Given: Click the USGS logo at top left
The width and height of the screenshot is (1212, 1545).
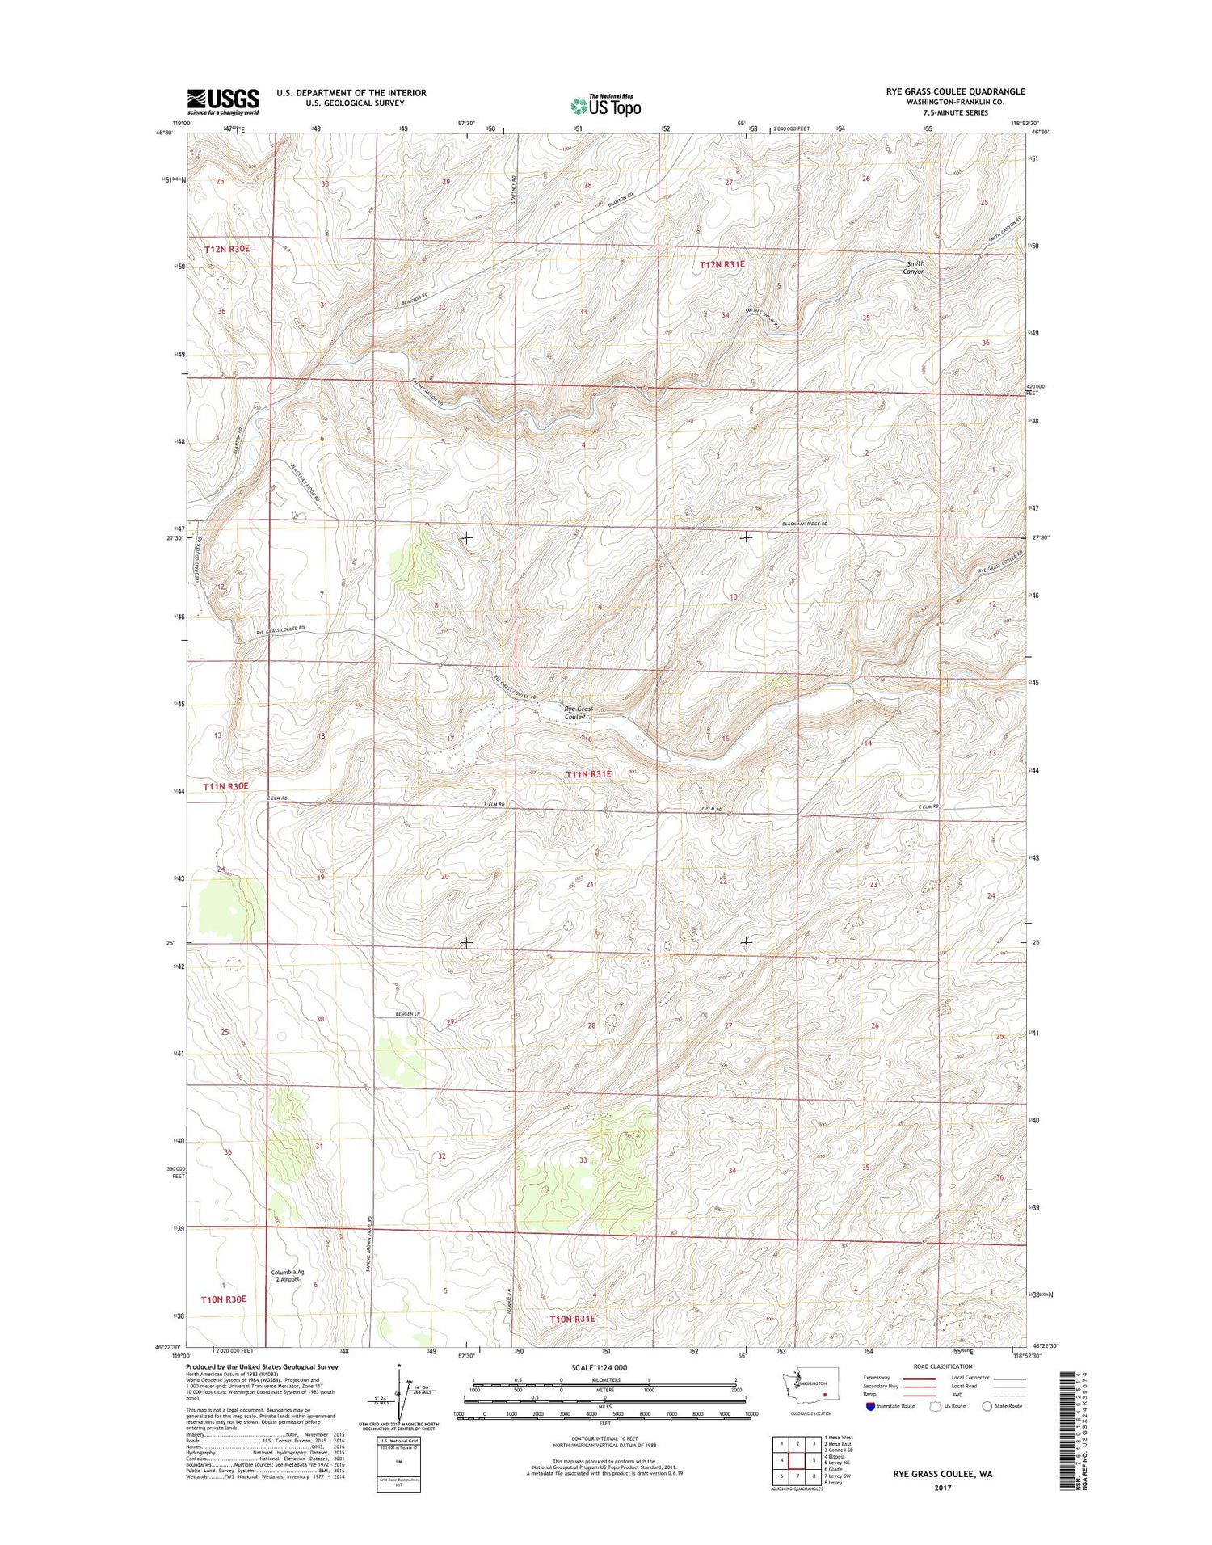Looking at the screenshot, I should pos(223,102).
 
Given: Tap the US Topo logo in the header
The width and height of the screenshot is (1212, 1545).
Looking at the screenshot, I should pos(606,105).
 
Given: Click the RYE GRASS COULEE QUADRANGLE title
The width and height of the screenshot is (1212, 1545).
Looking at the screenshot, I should pos(955,92).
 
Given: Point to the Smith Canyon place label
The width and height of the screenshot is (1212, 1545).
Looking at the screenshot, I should pos(914,267).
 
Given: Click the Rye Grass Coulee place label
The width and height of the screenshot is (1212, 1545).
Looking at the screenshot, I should pos(578,713).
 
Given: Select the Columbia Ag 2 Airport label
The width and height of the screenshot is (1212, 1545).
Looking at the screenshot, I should pos(288,1275).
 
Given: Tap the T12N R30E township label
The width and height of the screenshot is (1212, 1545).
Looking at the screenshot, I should pos(226,249).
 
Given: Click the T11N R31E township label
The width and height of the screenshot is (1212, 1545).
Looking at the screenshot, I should pos(588,774).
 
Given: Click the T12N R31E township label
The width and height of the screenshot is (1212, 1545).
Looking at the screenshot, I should pos(722,264).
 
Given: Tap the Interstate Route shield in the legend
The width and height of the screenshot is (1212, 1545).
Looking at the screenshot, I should pos(870,1406).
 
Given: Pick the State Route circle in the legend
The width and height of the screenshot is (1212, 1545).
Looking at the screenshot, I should pos(987,1406).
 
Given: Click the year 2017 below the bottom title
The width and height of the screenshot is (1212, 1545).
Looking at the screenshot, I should pos(942,1488).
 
